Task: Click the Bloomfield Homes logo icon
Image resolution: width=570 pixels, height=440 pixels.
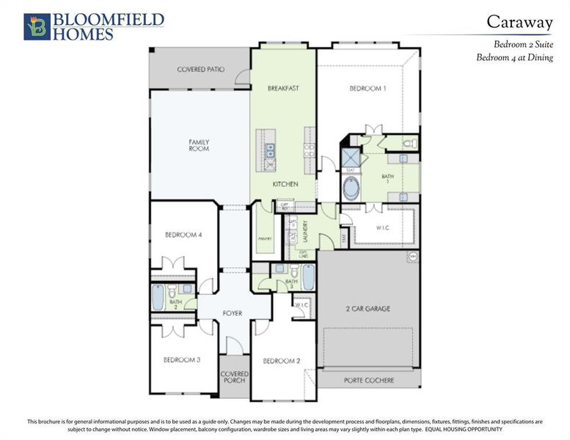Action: click(x=36, y=26)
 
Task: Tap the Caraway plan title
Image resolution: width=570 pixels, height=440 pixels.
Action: click(x=520, y=22)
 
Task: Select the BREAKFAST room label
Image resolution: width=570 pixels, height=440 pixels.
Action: click(x=282, y=89)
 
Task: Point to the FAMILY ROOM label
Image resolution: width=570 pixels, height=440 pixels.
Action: click(x=199, y=145)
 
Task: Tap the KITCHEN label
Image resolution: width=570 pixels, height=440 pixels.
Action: click(x=285, y=184)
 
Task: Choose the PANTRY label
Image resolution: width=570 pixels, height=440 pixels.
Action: click(x=265, y=238)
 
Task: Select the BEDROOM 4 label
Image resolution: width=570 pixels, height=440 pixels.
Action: click(x=183, y=235)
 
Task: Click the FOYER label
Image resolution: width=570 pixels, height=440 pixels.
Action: click(x=232, y=313)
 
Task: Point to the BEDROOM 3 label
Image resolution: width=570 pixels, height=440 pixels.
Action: click(x=181, y=360)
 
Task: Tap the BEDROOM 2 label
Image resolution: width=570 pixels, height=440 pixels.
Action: click(x=282, y=361)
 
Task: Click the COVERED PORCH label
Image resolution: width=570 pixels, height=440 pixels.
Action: click(x=235, y=378)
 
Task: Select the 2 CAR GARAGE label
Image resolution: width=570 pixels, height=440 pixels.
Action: click(x=368, y=309)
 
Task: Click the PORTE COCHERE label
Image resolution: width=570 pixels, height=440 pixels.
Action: click(x=369, y=381)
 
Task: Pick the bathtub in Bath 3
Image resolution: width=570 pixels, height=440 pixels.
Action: click(x=308, y=277)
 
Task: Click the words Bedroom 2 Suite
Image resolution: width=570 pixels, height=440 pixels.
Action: click(x=523, y=45)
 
